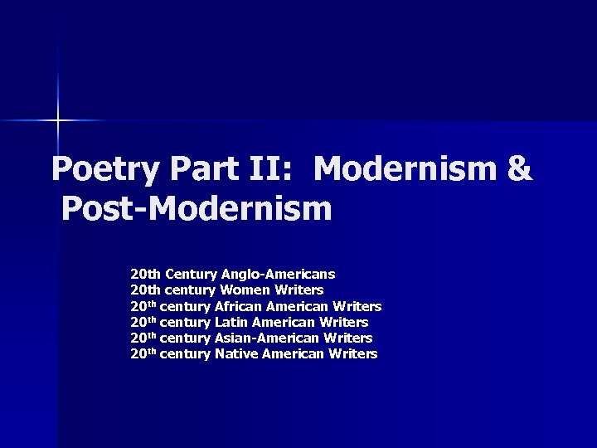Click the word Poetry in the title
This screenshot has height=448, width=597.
tap(104, 169)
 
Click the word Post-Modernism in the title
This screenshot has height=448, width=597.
tap(197, 209)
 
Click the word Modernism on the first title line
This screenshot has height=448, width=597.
tap(405, 169)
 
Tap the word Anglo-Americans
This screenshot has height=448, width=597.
tap(278, 274)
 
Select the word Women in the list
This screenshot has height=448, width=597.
tap(239, 290)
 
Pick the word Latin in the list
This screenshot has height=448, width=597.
tap(231, 322)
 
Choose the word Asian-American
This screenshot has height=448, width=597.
tap(266, 338)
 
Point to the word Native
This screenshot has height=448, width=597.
tap(236, 354)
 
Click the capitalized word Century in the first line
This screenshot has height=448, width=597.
tap(192, 274)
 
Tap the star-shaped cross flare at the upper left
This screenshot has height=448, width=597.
tap(58, 121)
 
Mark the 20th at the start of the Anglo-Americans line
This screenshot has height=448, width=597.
tap(146, 274)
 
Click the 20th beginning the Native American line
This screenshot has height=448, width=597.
tap(143, 354)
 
